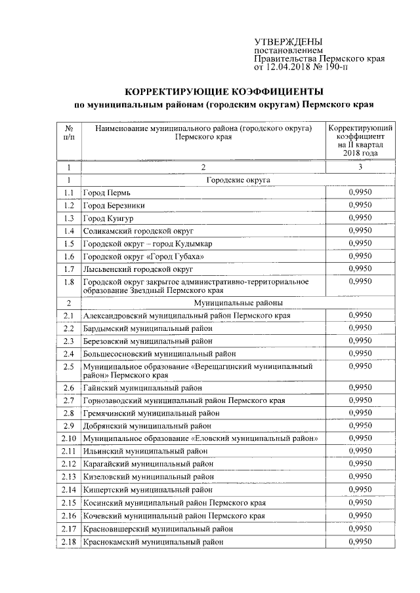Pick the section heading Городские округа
[x=238, y=180]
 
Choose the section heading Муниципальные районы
[x=238, y=303]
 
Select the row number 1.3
[x=68, y=218]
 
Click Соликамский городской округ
[x=138, y=231]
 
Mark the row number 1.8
[x=68, y=282]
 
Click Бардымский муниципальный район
[x=148, y=328]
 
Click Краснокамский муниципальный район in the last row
[x=152, y=542]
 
